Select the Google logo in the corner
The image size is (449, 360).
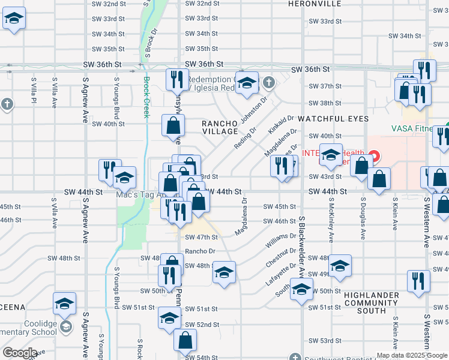pyautogui.click(x=20, y=353)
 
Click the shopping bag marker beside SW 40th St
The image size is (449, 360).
pyautogui.click(x=173, y=126)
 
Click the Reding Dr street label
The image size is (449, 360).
pyautogui.click(x=246, y=139)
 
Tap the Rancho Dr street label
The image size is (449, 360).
pyautogui.click(x=200, y=251)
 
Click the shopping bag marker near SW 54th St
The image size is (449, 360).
pyautogui.click(x=185, y=340)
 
